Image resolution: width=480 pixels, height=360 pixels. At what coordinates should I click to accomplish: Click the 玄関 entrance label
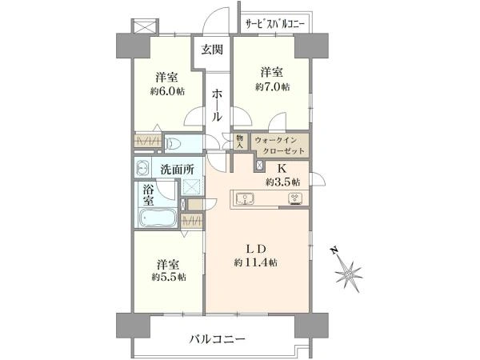[211, 50]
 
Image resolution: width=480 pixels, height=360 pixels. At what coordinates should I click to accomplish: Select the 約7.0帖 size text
[272, 86]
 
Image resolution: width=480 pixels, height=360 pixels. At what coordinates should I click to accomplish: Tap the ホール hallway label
[217, 104]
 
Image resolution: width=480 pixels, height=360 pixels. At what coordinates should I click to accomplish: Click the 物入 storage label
[238, 142]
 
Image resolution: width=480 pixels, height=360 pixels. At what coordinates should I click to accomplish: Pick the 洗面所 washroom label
[177, 170]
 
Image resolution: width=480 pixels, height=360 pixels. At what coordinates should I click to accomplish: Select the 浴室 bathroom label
[149, 196]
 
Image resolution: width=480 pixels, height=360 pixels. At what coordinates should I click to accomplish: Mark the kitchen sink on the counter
[246, 199]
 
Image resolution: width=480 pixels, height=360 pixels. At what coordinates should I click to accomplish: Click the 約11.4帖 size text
[255, 262]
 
